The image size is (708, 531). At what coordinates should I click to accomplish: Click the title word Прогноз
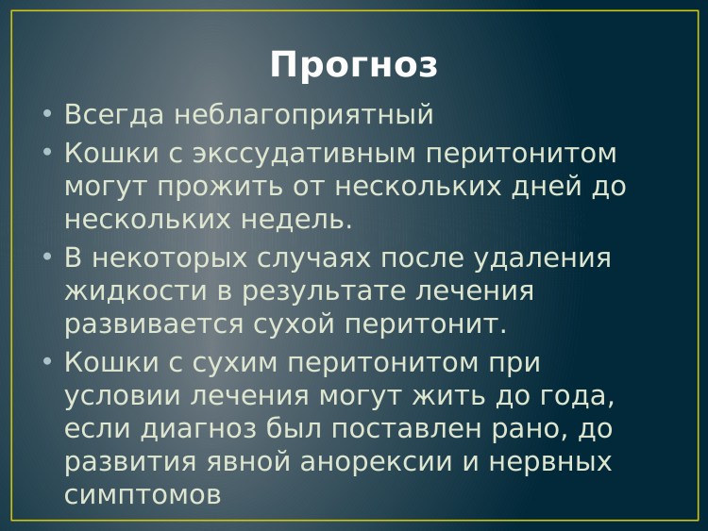(x=354, y=65)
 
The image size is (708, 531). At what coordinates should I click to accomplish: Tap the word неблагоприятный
(x=304, y=115)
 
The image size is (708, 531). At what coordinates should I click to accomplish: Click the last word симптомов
(x=143, y=494)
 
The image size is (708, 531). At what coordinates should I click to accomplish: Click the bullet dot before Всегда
(x=48, y=116)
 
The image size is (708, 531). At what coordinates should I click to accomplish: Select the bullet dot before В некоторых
(x=48, y=258)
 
